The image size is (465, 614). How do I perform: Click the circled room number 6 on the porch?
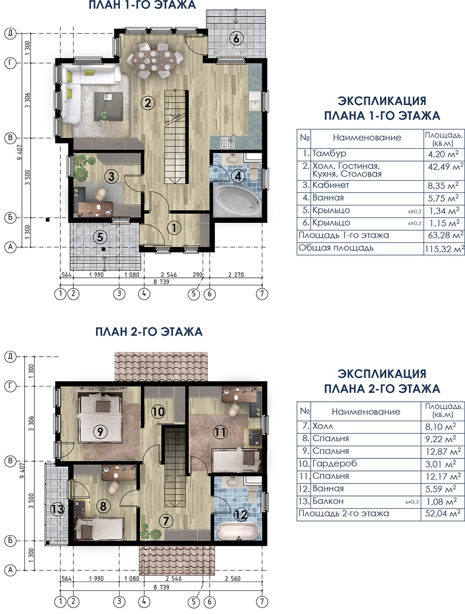[236, 39]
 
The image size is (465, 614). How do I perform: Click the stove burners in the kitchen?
[227, 143]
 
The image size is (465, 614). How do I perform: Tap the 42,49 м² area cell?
[445, 167]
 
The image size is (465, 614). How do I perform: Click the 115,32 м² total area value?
[445, 248]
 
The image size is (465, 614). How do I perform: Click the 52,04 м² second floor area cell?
[443, 514]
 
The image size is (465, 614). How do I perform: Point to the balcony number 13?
[57, 509]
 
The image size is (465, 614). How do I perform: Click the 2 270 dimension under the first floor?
[236, 274]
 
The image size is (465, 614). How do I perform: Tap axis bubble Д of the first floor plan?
[10, 33]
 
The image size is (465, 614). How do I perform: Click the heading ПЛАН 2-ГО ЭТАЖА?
[149, 332]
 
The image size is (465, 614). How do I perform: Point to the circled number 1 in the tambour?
[174, 228]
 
